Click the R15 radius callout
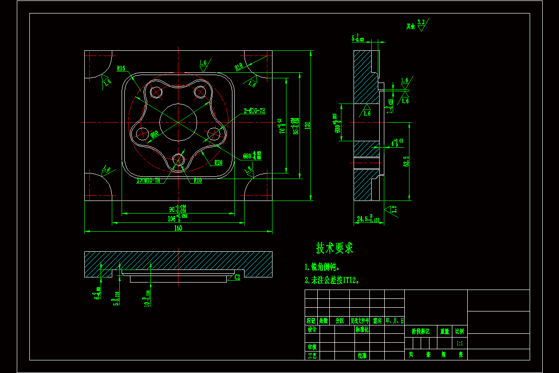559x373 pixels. pyautogui.click(x=121, y=69)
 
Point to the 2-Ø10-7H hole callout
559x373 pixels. pyautogui.click(x=254, y=111)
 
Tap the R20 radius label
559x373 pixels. pyautogui.click(x=218, y=163)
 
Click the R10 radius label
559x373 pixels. pyautogui.click(x=198, y=180)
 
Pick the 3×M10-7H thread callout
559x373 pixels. pyautogui.click(x=148, y=180)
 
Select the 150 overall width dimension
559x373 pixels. pyautogui.click(x=178, y=228)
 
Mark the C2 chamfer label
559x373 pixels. pyautogui.click(x=237, y=277)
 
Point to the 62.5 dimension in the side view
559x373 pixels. pyautogui.click(x=406, y=161)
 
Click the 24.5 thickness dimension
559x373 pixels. pyautogui.click(x=368, y=218)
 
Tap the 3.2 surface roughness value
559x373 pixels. pyautogui.click(x=421, y=22)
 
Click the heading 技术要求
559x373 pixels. pyautogui.click(x=334, y=248)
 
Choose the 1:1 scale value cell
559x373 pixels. pyautogui.click(x=459, y=343)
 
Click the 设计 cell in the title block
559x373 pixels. pyautogui.click(x=312, y=330)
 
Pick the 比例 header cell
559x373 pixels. pyautogui.click(x=459, y=332)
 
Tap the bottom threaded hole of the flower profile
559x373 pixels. pyautogui.click(x=178, y=160)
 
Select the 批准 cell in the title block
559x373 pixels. pyautogui.click(x=362, y=355)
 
